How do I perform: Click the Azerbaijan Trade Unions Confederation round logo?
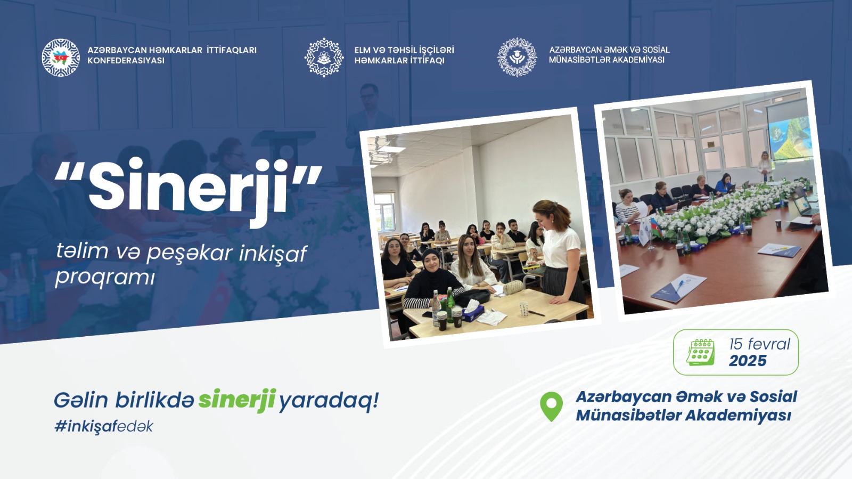coord(61,58)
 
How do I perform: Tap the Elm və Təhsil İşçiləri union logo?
coord(324,58)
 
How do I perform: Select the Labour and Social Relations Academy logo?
coord(517,57)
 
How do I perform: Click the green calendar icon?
coord(700,352)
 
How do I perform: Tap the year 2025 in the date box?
coord(748,361)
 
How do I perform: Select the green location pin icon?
coord(551,407)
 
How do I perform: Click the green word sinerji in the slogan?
coord(237,400)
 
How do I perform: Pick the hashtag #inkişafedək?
coord(103,426)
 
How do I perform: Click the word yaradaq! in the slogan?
coord(329,401)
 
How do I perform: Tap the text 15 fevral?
coord(759,344)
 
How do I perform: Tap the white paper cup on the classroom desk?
coord(524,308)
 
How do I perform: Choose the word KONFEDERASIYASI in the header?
coord(126,61)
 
